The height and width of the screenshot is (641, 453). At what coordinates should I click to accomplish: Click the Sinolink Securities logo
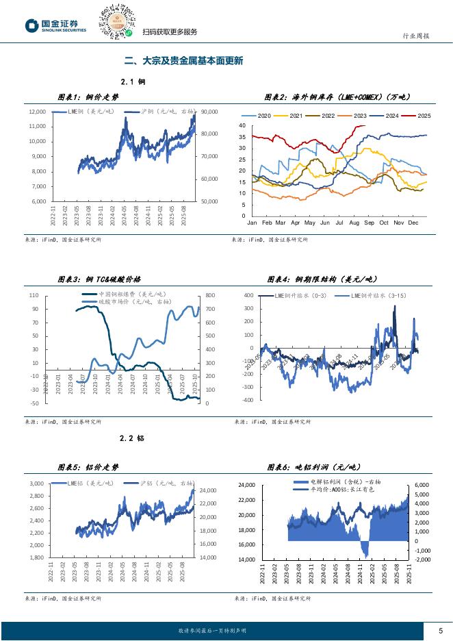[x=56, y=25]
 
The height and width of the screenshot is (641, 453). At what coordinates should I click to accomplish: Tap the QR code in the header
[x=116, y=21]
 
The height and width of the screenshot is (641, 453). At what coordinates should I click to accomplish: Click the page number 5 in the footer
[x=440, y=630]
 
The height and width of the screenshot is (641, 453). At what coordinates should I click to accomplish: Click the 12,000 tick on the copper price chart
[x=37, y=112]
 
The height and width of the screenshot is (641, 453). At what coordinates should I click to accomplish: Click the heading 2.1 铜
[x=132, y=81]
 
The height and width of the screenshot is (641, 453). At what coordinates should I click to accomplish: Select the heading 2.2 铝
[x=132, y=437]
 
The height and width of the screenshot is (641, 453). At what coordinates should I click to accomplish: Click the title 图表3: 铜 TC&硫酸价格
[x=99, y=279]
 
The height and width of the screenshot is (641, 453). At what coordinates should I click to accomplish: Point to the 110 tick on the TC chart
[x=34, y=295]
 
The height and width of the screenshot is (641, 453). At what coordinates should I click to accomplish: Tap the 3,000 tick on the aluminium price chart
[x=36, y=483]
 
